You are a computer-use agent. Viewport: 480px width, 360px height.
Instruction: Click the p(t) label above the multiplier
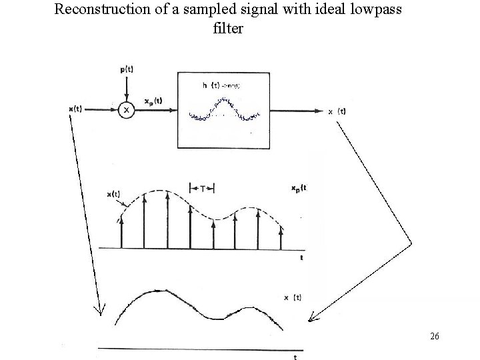point(125,69)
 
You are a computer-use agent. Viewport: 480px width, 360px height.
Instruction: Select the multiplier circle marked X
point(125,109)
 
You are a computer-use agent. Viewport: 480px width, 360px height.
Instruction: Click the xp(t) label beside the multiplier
point(152,101)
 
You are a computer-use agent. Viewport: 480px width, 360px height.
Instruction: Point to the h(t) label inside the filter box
point(211,85)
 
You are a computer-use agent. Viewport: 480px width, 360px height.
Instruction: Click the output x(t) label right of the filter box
point(337,111)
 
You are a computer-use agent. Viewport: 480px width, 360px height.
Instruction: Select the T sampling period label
point(203,189)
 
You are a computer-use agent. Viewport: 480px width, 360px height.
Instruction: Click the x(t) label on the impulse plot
point(113,195)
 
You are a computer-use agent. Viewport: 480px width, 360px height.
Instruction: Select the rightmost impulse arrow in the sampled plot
point(281,236)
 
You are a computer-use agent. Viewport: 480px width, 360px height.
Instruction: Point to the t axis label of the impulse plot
point(301,256)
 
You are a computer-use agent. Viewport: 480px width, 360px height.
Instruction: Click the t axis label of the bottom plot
point(295,357)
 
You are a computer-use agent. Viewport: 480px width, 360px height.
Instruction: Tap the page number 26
point(434,337)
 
